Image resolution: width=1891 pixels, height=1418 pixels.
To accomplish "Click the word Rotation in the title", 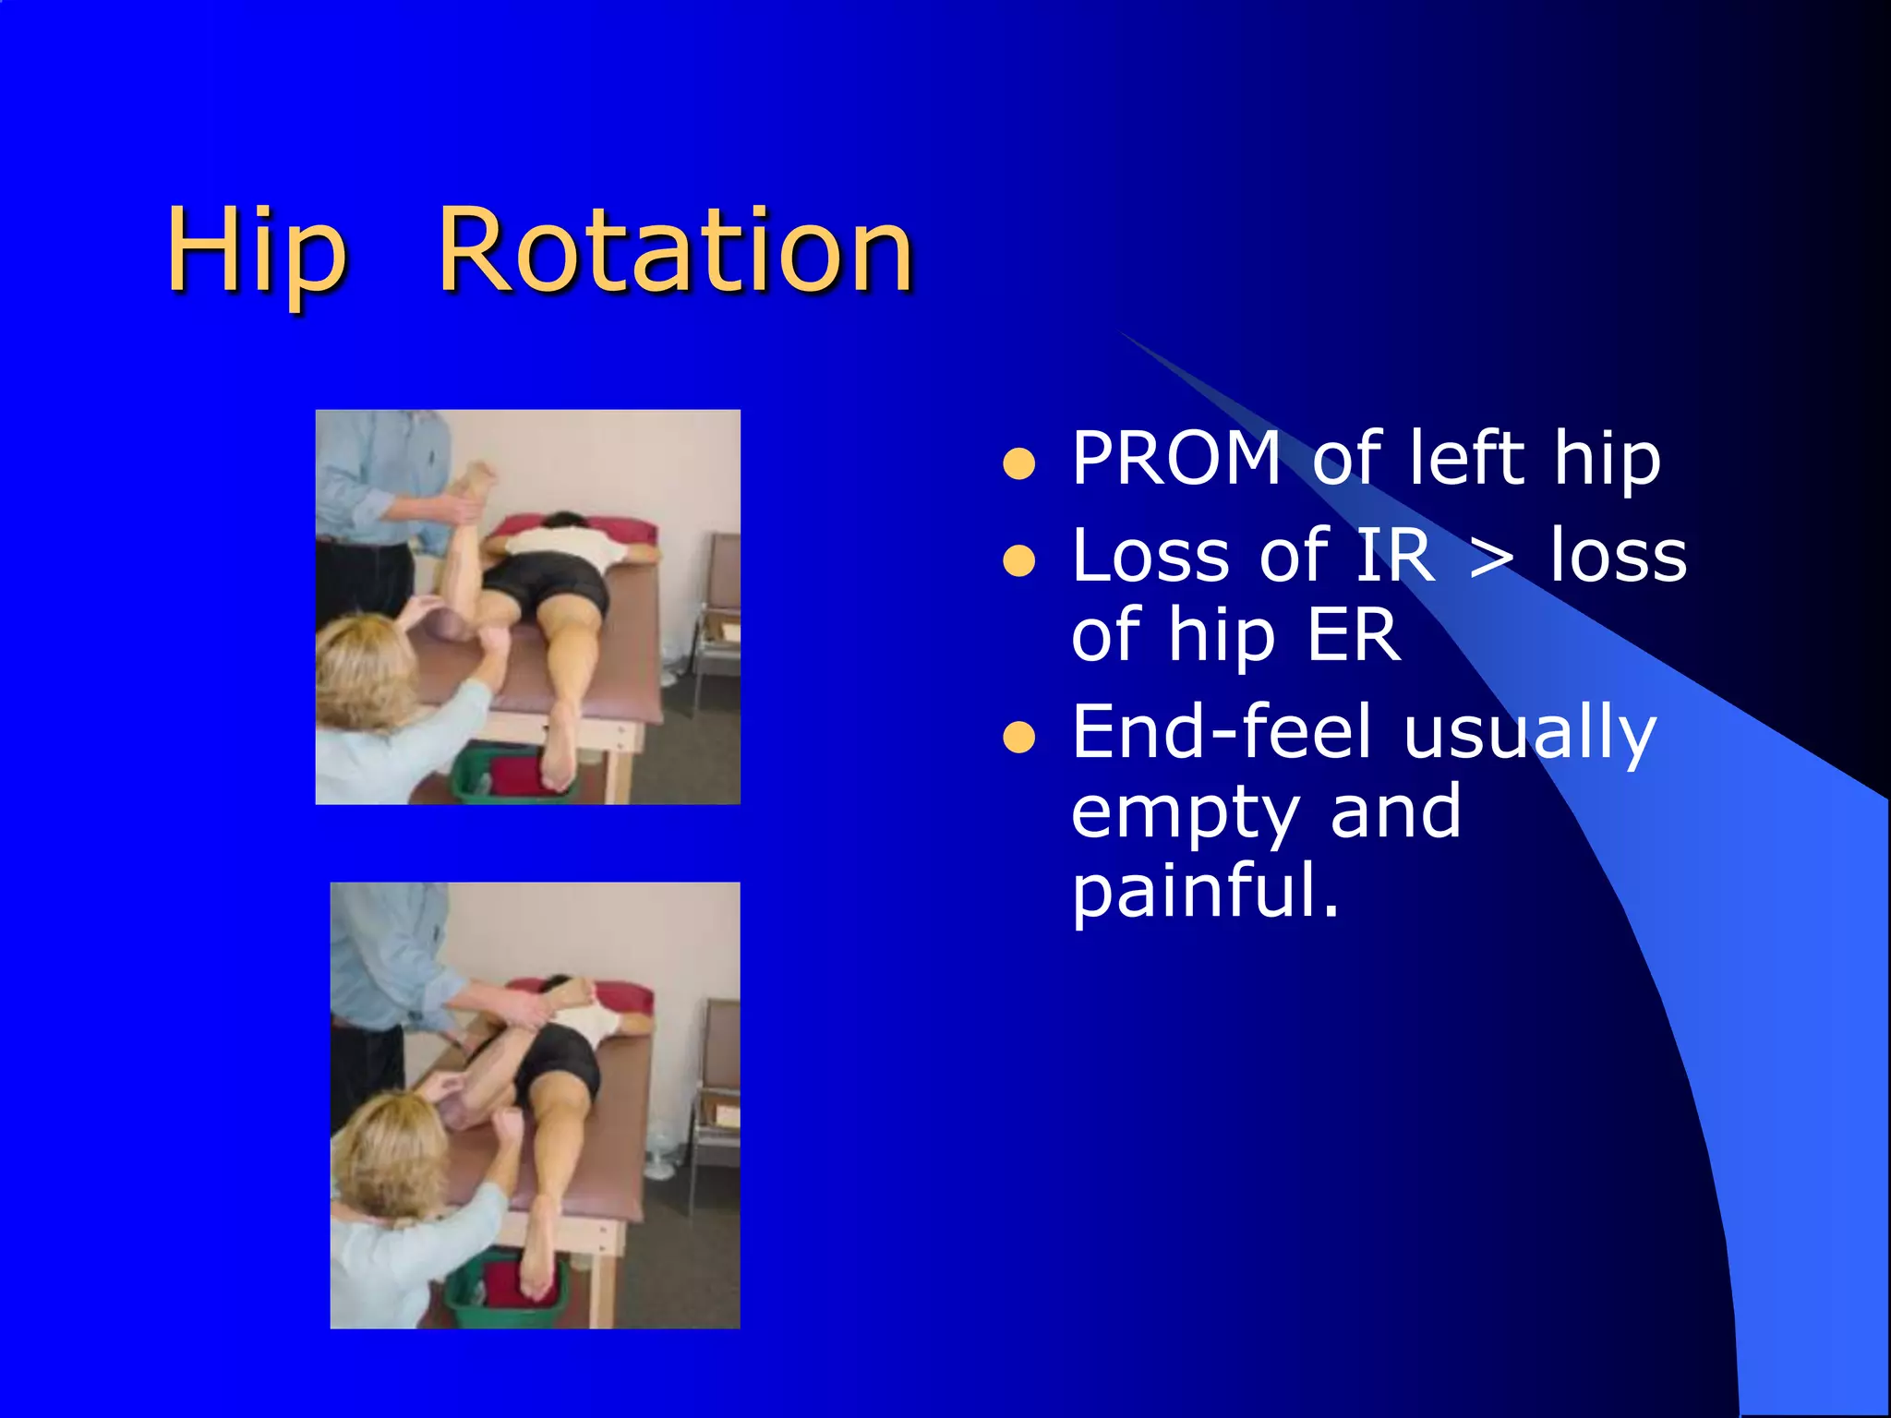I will (x=675, y=251).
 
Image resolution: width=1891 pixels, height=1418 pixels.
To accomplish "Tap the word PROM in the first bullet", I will (x=1175, y=459).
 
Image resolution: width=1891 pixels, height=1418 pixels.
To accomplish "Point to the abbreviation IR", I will (x=1394, y=557).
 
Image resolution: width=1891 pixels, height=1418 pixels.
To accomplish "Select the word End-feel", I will (x=1222, y=732).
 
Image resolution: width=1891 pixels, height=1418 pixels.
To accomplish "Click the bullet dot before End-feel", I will (x=1018, y=738).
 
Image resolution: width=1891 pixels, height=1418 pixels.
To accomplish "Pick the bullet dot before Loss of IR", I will (x=1018, y=561).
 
